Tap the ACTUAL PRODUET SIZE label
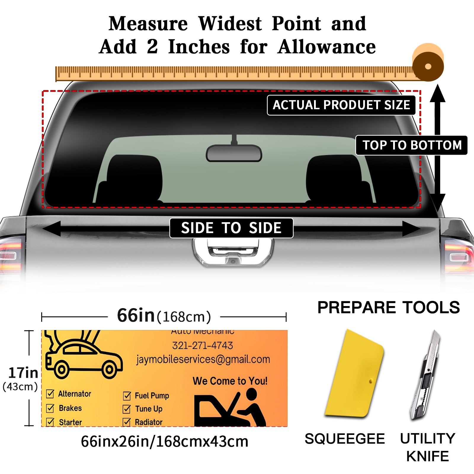[341, 105]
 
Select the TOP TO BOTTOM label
[411, 145]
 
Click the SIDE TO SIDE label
[231, 228]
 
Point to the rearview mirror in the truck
[234, 153]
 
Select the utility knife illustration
[425, 376]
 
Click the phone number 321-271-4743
[203, 345]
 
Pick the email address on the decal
[203, 359]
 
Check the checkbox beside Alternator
[50, 394]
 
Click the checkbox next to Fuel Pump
[127, 396]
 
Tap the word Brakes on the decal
[70, 408]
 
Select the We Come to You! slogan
[230, 381]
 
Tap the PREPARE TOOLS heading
[388, 308]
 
